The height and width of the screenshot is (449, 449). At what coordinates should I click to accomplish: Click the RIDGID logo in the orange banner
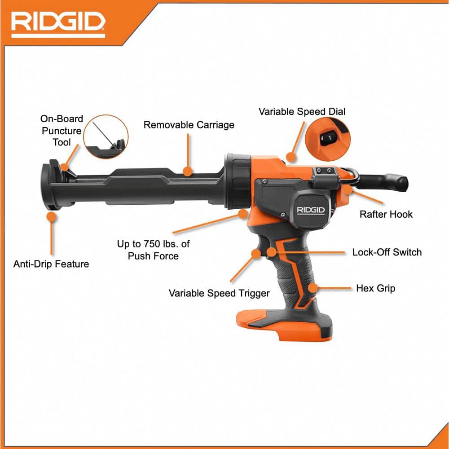58,25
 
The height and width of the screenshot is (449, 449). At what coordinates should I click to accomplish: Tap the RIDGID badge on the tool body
311,211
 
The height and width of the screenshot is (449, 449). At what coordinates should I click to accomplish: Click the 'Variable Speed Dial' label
302,111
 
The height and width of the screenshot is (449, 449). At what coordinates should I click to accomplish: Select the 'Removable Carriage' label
189,125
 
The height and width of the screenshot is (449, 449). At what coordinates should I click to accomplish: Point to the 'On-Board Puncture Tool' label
62,131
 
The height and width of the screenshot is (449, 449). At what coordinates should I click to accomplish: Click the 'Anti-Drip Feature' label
51,264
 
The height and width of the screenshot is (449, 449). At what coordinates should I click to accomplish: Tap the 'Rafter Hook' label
386,214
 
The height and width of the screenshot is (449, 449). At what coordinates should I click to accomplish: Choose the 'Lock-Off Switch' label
387,252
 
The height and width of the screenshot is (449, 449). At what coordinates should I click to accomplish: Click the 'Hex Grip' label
376,288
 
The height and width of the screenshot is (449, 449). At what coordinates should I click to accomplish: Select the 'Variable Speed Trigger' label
219,293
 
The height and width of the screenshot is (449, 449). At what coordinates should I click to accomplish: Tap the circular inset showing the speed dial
328,139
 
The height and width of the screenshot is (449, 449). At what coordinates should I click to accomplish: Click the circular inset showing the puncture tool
106,136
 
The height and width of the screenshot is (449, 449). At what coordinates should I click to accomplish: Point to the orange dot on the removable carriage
187,171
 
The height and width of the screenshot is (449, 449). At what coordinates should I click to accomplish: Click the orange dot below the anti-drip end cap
52,216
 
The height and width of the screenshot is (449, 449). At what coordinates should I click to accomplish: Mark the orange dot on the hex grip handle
313,288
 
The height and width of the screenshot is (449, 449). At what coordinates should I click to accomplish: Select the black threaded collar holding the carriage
238,181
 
